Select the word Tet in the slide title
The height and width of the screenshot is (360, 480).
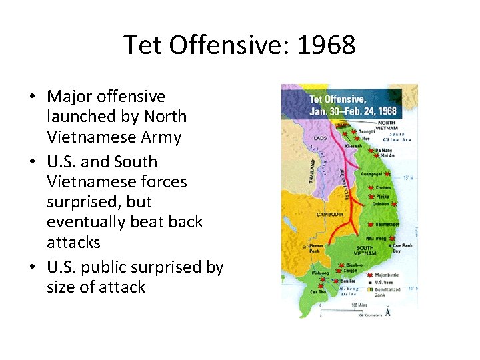141,46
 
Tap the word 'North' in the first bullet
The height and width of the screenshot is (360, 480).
167,117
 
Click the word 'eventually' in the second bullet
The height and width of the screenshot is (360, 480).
82,221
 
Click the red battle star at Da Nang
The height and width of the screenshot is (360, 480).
378,151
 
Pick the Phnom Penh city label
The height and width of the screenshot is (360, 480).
316,247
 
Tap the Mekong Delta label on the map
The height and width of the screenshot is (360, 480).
349,291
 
